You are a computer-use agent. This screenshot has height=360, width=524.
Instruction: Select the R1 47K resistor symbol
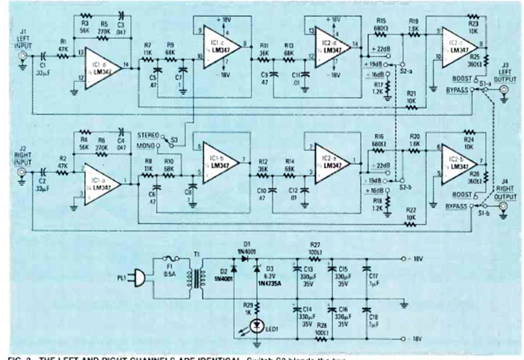click(62, 57)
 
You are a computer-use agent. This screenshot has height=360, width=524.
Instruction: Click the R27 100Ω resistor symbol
click(315, 259)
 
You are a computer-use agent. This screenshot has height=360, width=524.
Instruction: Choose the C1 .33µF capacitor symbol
click(43, 57)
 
